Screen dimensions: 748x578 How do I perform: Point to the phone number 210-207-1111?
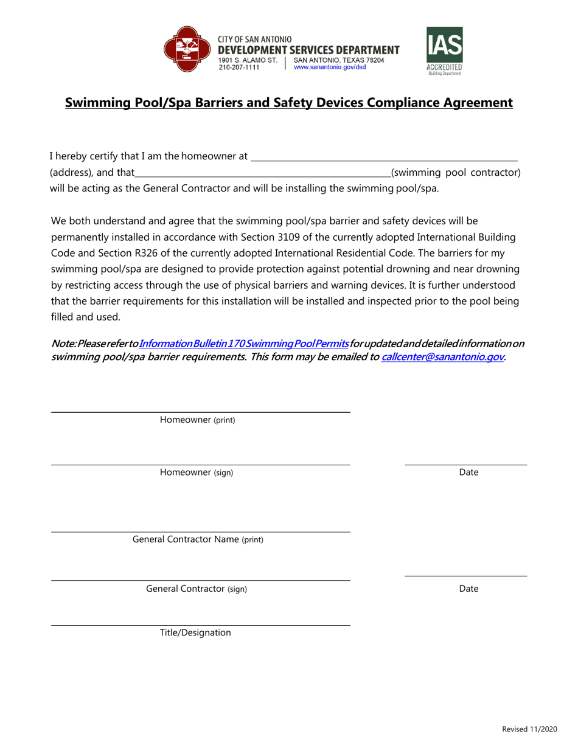[x=239, y=68]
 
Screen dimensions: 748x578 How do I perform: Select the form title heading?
[x=289, y=103]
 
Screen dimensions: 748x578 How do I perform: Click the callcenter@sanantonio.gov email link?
[x=442, y=357]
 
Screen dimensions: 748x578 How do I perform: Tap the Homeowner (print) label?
[x=197, y=420]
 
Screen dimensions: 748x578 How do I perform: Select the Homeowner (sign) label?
[x=196, y=473]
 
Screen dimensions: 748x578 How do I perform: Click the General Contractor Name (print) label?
[x=198, y=539]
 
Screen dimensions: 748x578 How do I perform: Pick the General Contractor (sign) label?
[x=197, y=589]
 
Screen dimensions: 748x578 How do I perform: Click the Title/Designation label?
[x=195, y=633]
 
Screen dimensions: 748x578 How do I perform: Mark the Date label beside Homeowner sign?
[x=468, y=473]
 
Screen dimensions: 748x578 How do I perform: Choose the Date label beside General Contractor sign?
[x=468, y=589]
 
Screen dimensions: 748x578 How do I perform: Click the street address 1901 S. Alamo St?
[x=248, y=60]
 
